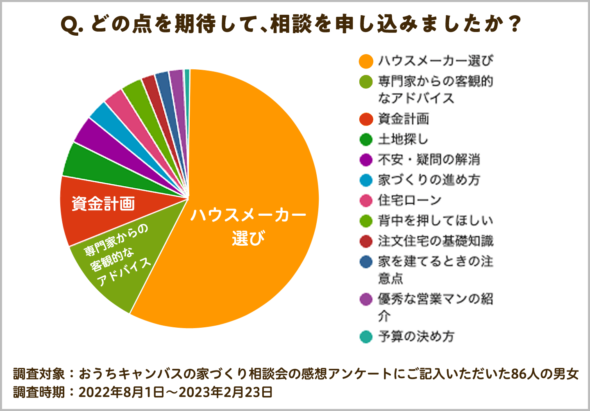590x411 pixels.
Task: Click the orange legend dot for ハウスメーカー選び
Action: coord(366,61)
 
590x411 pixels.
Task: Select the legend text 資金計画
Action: coord(404,119)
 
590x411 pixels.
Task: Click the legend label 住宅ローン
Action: coord(409,200)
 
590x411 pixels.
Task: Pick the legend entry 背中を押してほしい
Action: coord(435,221)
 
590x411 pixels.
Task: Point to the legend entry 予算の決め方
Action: coord(416,337)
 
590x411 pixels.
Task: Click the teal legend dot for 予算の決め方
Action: coord(366,337)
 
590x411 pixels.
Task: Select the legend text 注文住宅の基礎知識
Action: coord(435,241)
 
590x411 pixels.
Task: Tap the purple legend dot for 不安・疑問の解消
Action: coord(366,160)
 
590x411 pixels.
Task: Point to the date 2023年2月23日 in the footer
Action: coord(226,393)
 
